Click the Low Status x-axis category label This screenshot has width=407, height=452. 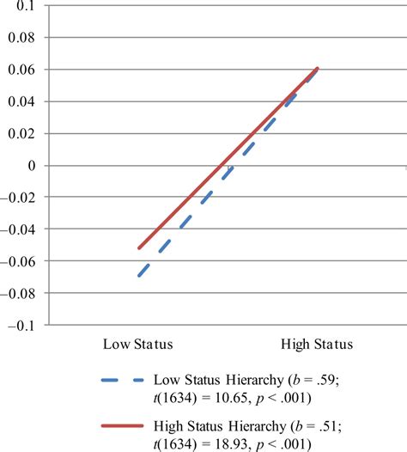click(x=138, y=345)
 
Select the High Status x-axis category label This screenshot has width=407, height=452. click(x=317, y=345)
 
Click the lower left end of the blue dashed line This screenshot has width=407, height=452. click(x=137, y=277)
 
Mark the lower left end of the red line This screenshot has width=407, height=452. click(x=137, y=248)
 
